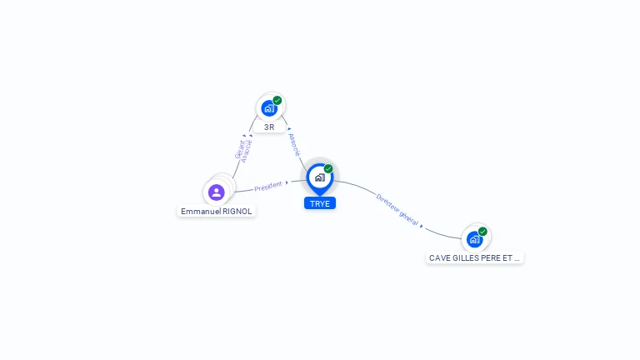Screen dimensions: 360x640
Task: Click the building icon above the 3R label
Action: [x=268, y=107]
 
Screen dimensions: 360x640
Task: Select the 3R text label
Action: [x=269, y=127]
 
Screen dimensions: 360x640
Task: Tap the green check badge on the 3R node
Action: [x=277, y=101]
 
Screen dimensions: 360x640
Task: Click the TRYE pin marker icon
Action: [x=319, y=177]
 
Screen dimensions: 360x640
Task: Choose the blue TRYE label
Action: [x=320, y=203]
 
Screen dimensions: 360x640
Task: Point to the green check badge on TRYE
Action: [x=328, y=169]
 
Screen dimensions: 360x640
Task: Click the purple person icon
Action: [x=217, y=192]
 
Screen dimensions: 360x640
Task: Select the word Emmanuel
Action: [x=199, y=212]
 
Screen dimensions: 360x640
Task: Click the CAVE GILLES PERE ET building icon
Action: [x=474, y=239]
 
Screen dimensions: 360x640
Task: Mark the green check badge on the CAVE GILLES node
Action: [x=482, y=232]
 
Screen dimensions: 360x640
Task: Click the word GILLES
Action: [x=464, y=258]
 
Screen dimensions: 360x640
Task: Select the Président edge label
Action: [x=268, y=187]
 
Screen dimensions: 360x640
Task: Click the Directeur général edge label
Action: [x=397, y=210]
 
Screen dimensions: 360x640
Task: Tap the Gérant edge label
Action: [x=239, y=150]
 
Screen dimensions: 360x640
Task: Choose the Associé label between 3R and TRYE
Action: [x=293, y=145]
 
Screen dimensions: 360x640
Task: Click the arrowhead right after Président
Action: [x=287, y=182]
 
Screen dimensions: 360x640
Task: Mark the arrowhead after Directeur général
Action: [x=422, y=226]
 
